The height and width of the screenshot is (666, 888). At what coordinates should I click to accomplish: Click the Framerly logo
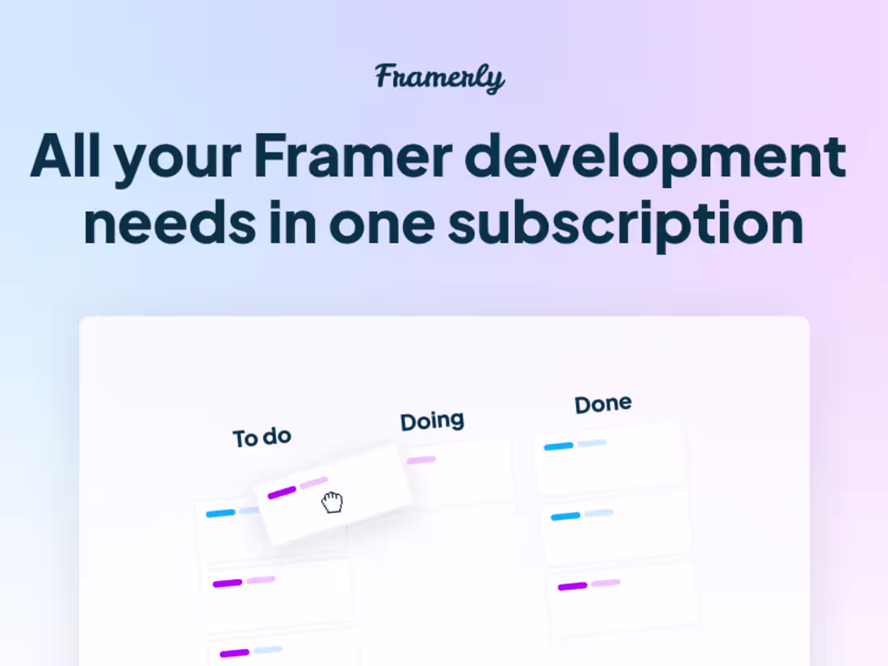[440, 77]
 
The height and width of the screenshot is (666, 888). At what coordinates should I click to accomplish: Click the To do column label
[262, 438]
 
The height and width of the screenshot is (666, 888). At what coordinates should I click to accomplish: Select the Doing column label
[433, 421]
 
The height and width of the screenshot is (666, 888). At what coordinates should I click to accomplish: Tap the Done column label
[603, 404]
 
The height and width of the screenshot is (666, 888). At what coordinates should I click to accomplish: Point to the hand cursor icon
[332, 503]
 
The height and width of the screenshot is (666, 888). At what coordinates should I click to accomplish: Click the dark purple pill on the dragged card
[282, 492]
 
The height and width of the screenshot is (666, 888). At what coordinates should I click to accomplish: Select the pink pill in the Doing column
[421, 460]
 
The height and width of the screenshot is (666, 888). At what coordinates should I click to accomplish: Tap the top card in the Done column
[609, 460]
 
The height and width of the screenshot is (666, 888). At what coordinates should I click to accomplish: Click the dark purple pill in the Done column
[572, 586]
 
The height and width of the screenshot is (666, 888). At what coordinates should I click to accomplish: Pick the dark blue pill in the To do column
[220, 513]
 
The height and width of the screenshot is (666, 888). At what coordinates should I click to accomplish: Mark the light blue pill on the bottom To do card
[267, 650]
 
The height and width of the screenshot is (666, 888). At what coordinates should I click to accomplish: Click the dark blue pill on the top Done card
[559, 446]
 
